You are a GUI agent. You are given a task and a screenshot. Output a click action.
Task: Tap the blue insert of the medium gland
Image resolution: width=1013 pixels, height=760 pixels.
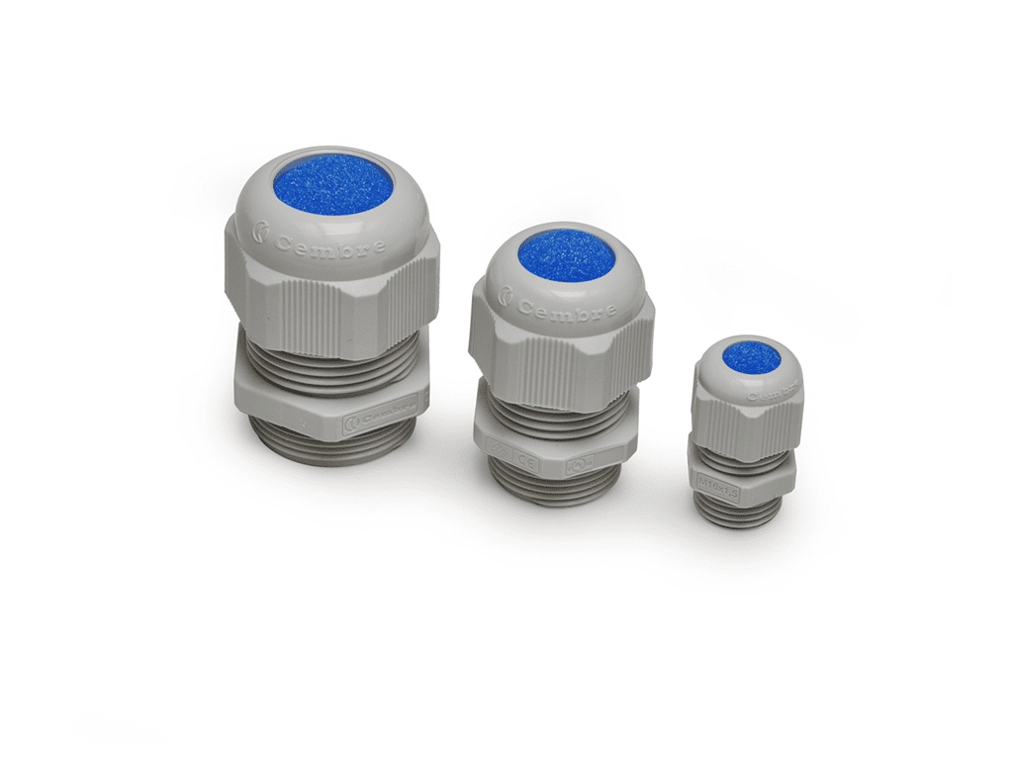pyautogui.click(x=566, y=254)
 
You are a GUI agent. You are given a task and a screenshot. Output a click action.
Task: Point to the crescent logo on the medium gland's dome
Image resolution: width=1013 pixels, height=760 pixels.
pyautogui.click(x=506, y=294)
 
